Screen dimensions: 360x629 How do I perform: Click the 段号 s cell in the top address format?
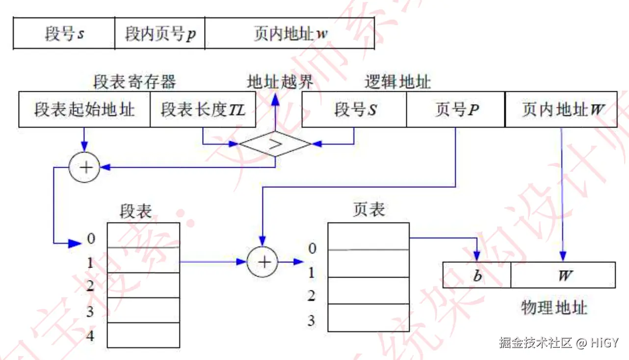tap(64, 33)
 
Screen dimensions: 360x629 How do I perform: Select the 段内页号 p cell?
tap(160, 33)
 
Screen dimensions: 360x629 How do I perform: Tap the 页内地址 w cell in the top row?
tap(290, 33)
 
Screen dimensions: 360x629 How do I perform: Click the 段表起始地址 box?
tap(84, 109)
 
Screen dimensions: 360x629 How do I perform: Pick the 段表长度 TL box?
tap(203, 109)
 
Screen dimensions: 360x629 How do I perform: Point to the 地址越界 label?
tap(280, 82)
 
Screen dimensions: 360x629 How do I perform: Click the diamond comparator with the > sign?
tap(275, 144)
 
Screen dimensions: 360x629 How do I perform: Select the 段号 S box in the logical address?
tap(355, 109)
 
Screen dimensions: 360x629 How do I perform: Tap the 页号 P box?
tap(456, 109)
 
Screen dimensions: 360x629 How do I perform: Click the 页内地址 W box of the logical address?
tap(561, 109)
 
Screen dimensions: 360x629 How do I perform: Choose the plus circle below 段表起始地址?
tap(84, 168)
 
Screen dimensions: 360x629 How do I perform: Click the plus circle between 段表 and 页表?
tap(262, 262)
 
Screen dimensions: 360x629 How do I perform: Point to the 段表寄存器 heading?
tap(135, 82)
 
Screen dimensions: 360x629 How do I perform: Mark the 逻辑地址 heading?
tap(397, 82)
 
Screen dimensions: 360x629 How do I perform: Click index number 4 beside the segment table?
tap(90, 336)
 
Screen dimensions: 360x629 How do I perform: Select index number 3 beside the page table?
tap(311, 321)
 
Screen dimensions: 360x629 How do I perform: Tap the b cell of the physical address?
tap(477, 275)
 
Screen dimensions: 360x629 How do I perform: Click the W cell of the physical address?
tap(563, 275)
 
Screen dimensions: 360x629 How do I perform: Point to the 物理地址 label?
tap(553, 308)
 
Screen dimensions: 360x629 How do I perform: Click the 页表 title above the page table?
tap(369, 210)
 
